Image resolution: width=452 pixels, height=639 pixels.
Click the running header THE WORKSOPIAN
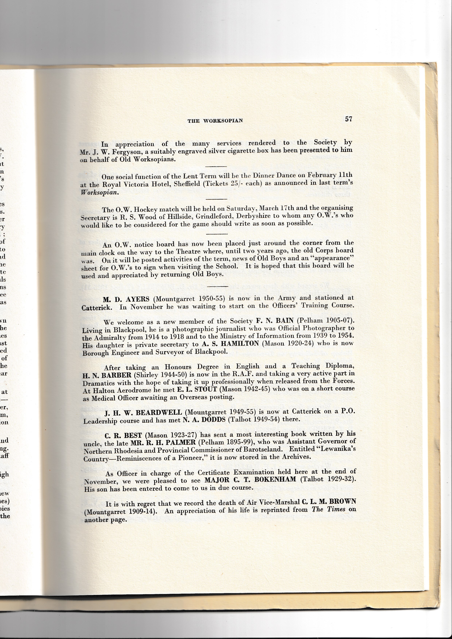(215, 121)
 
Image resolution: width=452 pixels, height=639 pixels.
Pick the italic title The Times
(329, 509)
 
